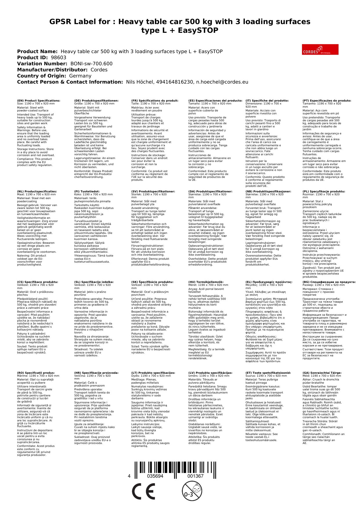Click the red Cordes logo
point(320,49)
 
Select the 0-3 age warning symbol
point(192,491)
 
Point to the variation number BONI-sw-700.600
point(91,64)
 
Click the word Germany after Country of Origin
point(80,76)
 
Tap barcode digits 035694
point(155,476)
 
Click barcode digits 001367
point(195,476)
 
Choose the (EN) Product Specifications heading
point(39,101)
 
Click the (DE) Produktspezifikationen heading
point(96,101)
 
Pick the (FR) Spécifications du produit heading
point(155,101)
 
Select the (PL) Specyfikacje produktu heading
point(324,192)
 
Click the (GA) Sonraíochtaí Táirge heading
point(322,373)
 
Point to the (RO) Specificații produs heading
point(36,373)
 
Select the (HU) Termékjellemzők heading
point(206,282)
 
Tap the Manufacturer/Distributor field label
point(52,70)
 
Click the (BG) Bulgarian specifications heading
point(329,282)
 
